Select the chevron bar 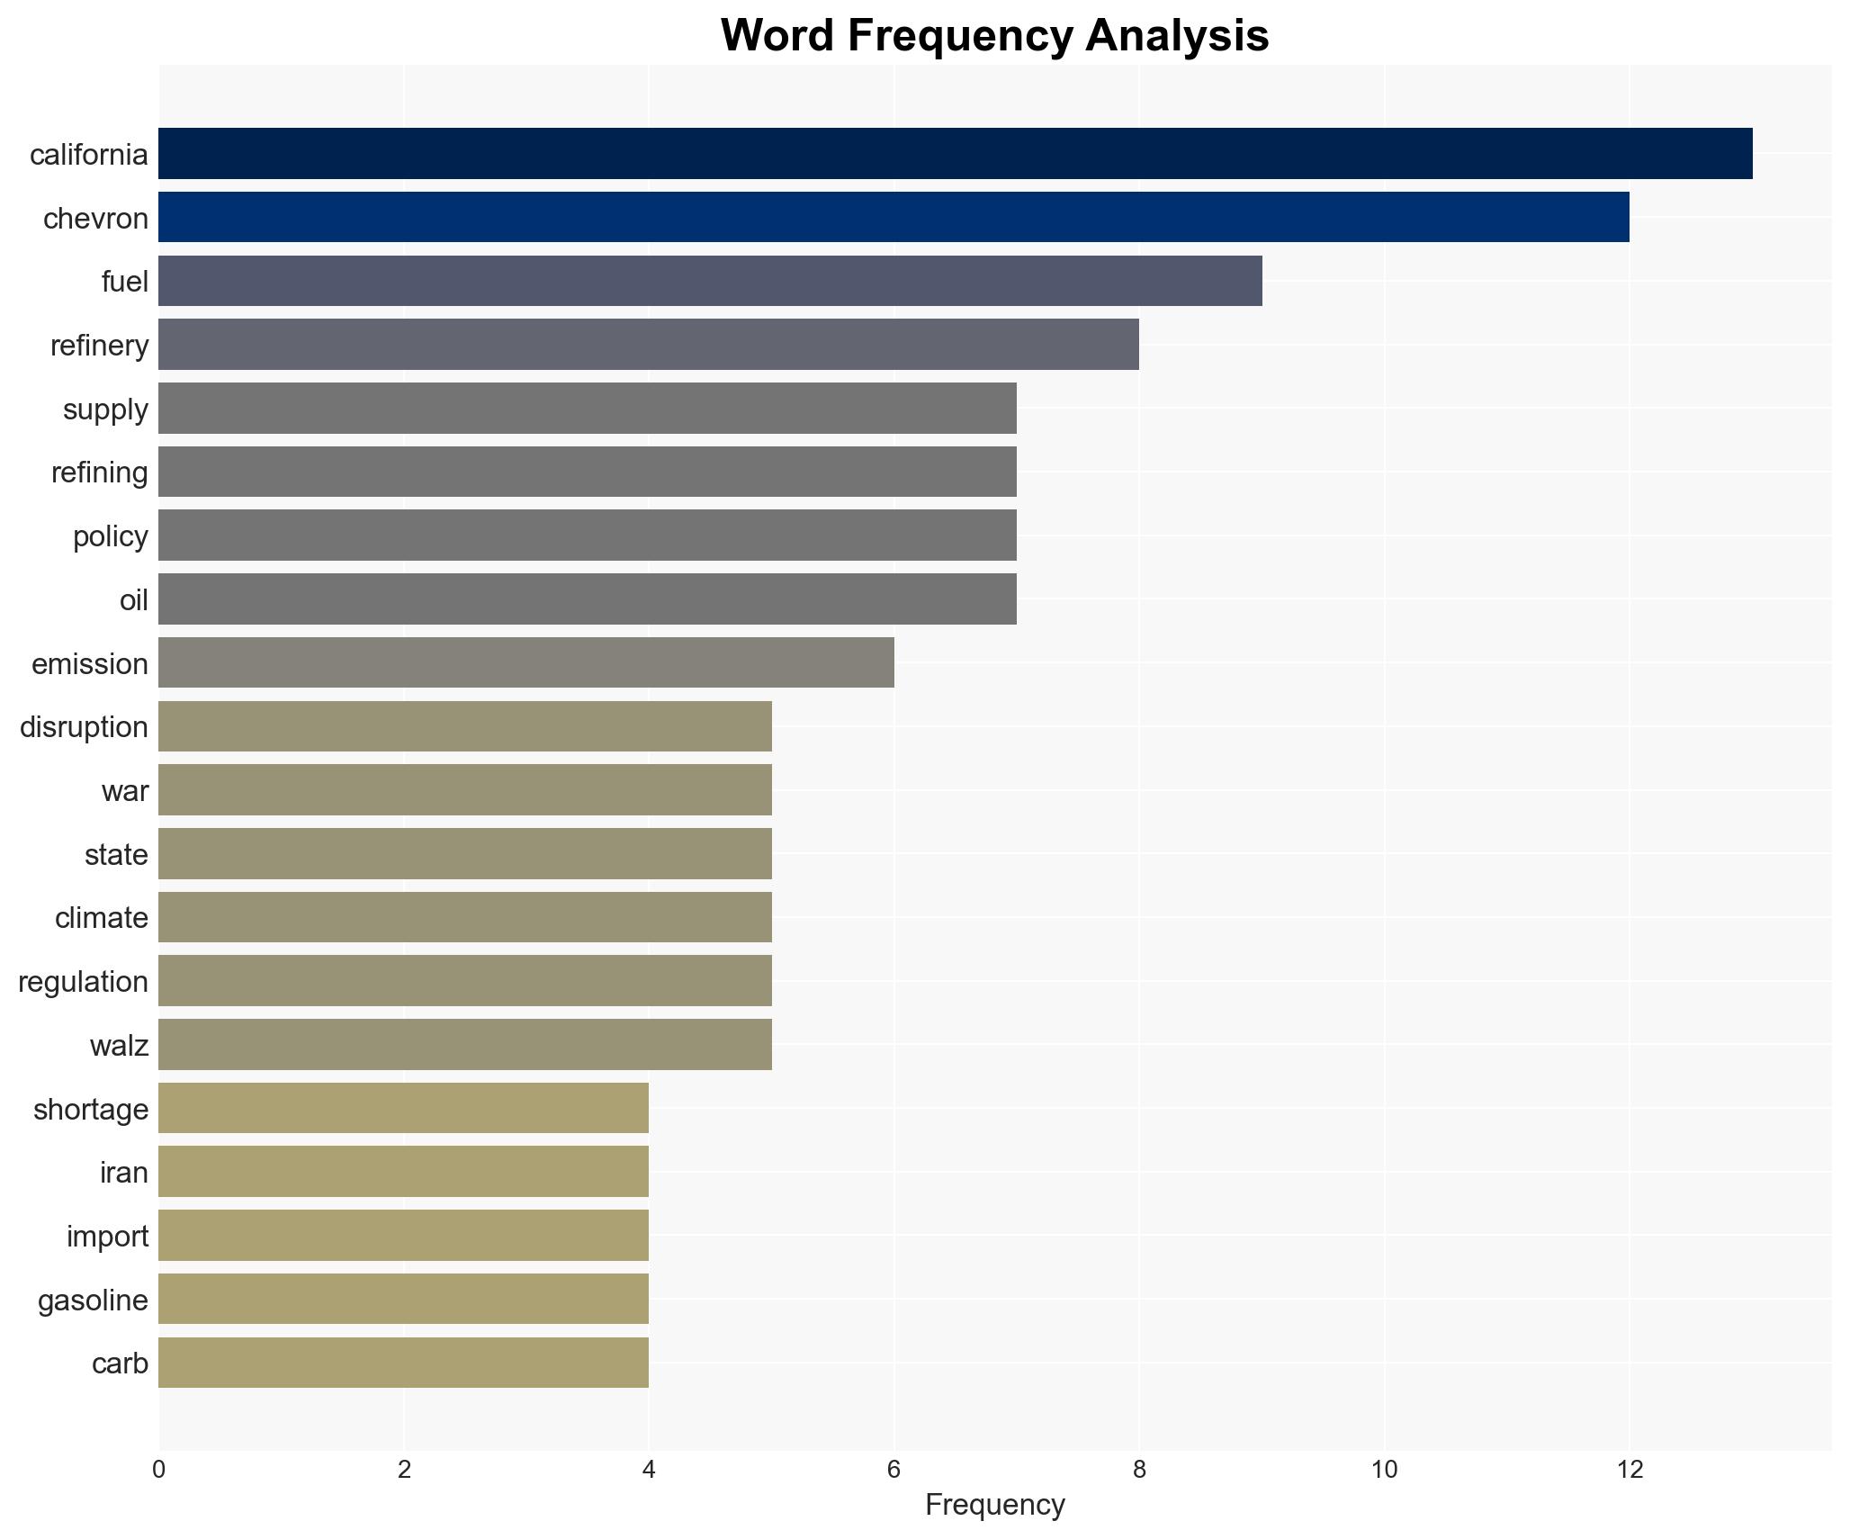pos(893,217)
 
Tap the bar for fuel pos(709,281)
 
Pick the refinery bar pos(648,345)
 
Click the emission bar pos(525,662)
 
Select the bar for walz pos(464,1044)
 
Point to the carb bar pos(403,1363)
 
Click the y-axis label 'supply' pos(105,409)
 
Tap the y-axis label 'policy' pos(110,536)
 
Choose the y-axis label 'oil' pos(133,599)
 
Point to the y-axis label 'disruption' pos(84,727)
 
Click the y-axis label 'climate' pos(101,918)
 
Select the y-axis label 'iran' pos(123,1173)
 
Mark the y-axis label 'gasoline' pos(93,1300)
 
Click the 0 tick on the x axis pos(159,1470)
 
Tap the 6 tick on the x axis pos(894,1470)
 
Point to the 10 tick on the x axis pos(1384,1470)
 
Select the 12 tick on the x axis pos(1629,1470)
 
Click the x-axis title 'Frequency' pos(994,1505)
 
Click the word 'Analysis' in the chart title pos(1177,36)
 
